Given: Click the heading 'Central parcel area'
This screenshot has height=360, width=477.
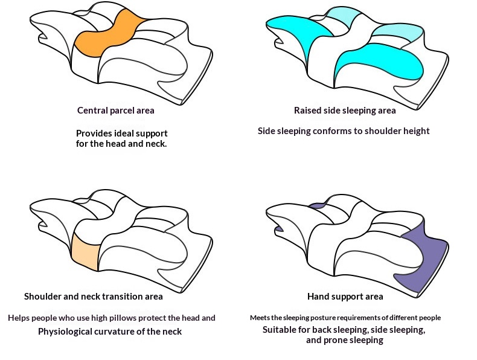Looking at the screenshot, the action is coord(115,111).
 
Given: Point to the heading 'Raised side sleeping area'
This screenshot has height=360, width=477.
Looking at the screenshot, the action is coord(345,111).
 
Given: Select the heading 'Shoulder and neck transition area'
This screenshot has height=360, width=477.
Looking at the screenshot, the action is coord(94,297).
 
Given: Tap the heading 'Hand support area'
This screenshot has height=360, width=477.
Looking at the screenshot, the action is coord(345,297).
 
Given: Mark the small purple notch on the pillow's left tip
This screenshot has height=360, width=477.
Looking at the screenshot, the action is coord(280,229).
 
